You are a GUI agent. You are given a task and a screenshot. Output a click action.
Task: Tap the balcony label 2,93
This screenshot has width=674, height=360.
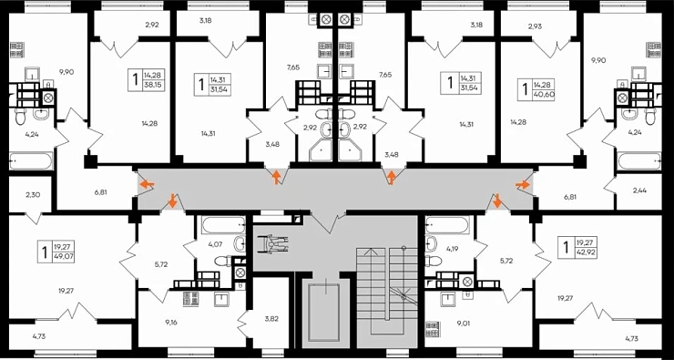[536, 26]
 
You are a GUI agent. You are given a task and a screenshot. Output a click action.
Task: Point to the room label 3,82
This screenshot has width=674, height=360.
[272, 320]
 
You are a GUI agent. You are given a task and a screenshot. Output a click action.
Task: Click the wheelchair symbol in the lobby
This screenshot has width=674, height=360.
[274, 246]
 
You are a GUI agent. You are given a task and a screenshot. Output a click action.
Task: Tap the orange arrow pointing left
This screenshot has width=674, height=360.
[148, 185]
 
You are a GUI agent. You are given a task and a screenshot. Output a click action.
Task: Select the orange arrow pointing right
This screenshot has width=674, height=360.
[523, 185]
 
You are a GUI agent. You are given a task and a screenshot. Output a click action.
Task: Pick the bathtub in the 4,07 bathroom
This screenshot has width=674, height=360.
[222, 224]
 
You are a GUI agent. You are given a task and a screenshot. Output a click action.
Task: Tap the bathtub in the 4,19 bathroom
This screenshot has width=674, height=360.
[447, 225]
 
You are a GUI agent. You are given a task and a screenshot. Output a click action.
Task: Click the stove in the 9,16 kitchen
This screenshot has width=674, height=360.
[191, 299]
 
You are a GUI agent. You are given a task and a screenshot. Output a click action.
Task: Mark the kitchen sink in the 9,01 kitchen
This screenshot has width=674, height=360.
[448, 298]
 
